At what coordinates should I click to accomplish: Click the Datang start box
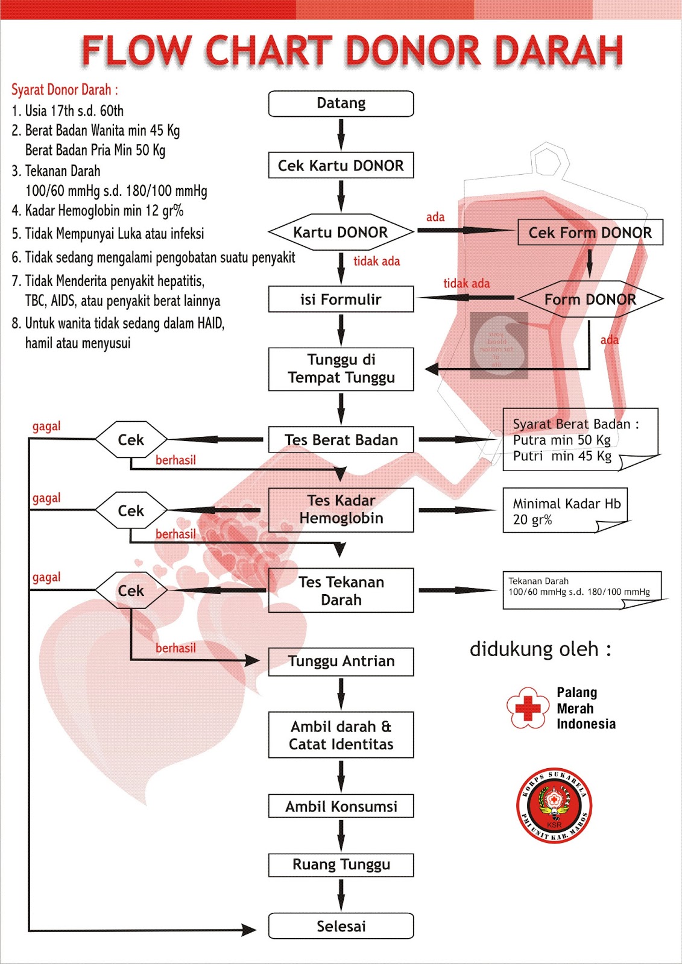pos(341,104)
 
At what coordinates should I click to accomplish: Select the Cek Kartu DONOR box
pos(341,166)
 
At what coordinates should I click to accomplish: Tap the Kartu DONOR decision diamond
pos(341,232)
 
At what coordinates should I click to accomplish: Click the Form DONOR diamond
pos(590,299)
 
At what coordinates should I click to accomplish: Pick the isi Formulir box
pos(341,299)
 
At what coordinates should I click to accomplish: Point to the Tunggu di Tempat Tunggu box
pos(341,369)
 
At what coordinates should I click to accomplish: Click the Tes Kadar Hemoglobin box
pos(341,510)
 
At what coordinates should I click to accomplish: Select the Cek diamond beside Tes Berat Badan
pos(131,440)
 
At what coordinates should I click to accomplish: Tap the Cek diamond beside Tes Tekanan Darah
pos(131,590)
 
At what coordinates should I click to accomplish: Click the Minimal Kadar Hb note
pos(566,511)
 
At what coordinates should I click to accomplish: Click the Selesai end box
pos(341,926)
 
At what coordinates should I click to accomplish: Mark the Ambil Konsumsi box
pos(341,806)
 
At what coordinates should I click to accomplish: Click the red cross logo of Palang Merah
pos(528,709)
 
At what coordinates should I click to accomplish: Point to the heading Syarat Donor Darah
pos(65,90)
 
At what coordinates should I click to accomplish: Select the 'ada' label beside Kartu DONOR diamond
pos(435,218)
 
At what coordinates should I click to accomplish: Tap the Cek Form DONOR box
pos(590,233)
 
